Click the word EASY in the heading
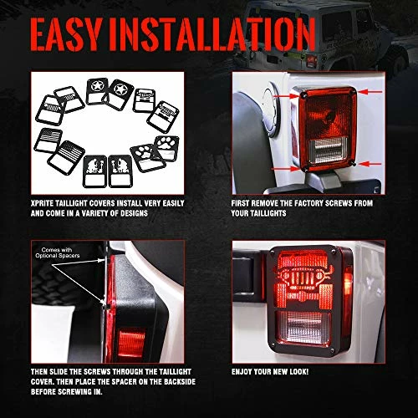click(x=66, y=34)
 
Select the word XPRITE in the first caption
click(x=42, y=203)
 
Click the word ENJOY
click(x=241, y=372)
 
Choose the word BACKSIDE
click(x=180, y=382)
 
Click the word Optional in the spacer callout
click(x=45, y=255)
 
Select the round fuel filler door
click(x=270, y=112)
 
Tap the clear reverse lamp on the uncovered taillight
click(x=329, y=150)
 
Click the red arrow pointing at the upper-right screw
click(x=370, y=91)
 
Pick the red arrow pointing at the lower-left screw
click(x=285, y=169)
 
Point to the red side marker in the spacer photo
click(x=131, y=344)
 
